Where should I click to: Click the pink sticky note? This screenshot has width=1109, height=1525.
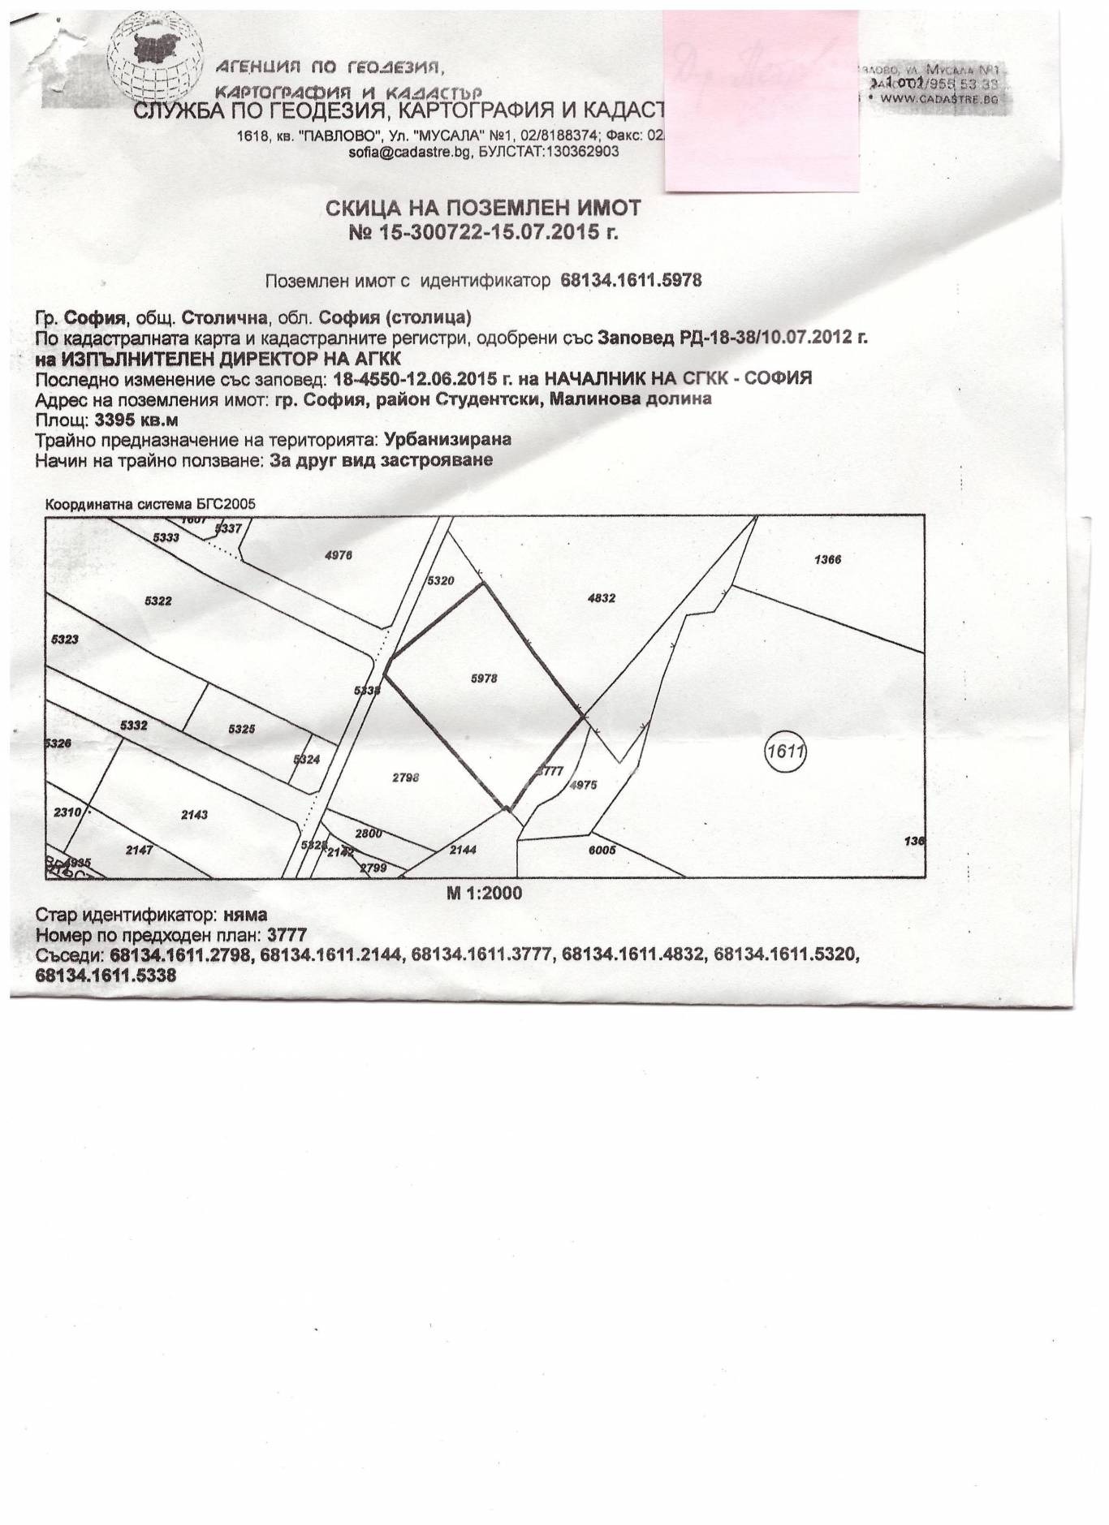(x=761, y=101)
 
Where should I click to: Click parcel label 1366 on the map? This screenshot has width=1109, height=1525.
(x=828, y=559)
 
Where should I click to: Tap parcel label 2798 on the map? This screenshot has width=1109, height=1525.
(x=405, y=777)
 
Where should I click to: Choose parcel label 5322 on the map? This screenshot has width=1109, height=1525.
(x=158, y=601)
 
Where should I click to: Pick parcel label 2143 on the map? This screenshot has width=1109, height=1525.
(x=195, y=813)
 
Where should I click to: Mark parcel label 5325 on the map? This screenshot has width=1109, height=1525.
(x=242, y=729)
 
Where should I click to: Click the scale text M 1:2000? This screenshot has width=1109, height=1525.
(x=484, y=893)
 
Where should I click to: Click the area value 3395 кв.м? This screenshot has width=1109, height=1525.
(x=136, y=420)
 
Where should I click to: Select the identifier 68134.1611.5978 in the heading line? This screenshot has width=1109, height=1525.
(x=631, y=280)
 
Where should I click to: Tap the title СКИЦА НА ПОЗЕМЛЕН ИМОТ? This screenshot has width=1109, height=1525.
(x=482, y=209)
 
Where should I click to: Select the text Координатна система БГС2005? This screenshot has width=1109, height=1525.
(x=150, y=504)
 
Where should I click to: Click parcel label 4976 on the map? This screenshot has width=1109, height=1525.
(x=338, y=556)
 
